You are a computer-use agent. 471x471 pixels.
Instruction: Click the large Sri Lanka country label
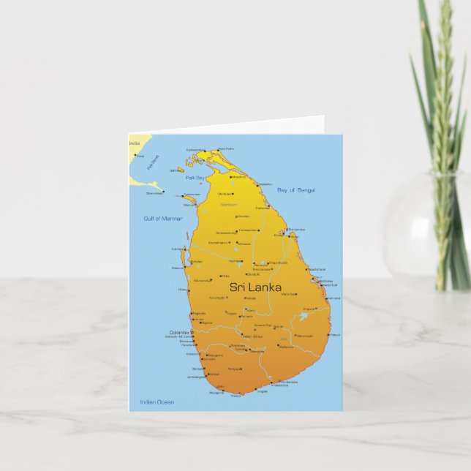(x=255, y=287)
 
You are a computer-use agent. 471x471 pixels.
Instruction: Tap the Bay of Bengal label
(x=297, y=190)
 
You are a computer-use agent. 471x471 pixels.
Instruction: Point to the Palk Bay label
(x=195, y=178)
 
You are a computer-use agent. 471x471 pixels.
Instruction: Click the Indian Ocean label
(x=157, y=402)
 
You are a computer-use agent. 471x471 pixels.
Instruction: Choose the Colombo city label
(x=179, y=332)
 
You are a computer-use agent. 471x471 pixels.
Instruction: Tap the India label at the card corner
(x=135, y=143)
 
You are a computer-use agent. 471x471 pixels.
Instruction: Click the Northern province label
(x=229, y=205)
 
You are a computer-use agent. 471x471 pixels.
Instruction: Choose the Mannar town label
(x=189, y=205)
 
